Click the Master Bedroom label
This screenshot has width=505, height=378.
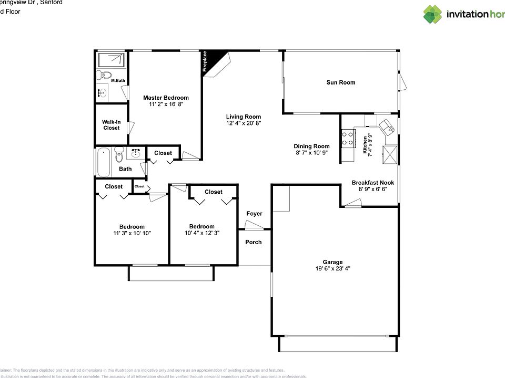[166, 98]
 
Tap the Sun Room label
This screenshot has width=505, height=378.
[340, 82]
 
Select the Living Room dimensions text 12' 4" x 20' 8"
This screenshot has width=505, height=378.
[243, 123]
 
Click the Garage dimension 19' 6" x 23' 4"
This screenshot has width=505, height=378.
[332, 268]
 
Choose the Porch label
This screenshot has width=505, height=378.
[254, 242]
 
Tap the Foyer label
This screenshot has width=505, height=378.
[254, 214]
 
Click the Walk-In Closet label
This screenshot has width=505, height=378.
[111, 125]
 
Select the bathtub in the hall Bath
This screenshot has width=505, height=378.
[104, 163]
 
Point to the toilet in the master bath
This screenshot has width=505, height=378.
[104, 75]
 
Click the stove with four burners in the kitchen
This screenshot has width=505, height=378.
[348, 138]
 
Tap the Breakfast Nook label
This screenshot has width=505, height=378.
[372, 183]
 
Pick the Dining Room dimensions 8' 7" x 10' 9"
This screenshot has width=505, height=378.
[311, 153]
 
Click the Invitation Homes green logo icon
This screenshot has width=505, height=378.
[432, 14]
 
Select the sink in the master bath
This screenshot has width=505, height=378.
[103, 93]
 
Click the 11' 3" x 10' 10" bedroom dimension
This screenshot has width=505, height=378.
[132, 233]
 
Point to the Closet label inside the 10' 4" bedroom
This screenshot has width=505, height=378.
[213, 192]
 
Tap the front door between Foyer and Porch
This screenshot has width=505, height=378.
[255, 226]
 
